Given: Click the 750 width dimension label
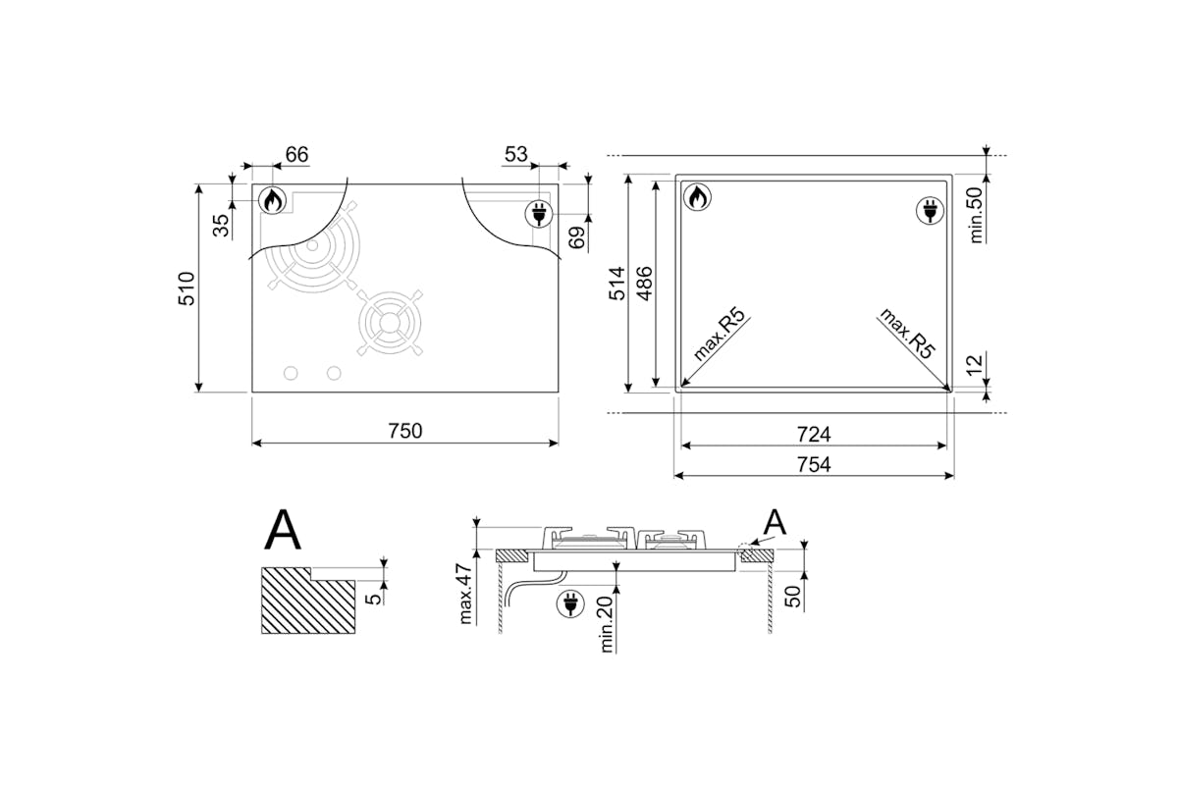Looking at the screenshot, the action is (x=404, y=431).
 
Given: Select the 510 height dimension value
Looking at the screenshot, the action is (x=187, y=288).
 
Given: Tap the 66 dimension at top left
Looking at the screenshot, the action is (x=296, y=155).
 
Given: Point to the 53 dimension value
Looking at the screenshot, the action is (x=516, y=155).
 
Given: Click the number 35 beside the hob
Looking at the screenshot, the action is (x=222, y=226).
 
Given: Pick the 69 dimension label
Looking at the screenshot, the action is (x=577, y=237).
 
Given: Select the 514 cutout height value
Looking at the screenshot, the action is (x=616, y=284).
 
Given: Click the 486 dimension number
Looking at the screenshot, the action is (x=644, y=284).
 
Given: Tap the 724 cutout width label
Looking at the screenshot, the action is (x=814, y=435).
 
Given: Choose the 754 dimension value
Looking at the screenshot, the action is (x=814, y=465).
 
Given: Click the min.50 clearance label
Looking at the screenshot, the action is (x=976, y=215).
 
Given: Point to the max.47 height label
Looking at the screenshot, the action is (x=465, y=594).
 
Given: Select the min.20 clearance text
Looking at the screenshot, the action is (x=607, y=624).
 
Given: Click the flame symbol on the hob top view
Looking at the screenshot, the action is (x=273, y=200).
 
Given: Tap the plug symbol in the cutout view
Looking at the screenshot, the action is (x=930, y=210).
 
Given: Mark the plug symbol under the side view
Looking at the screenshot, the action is (x=570, y=603).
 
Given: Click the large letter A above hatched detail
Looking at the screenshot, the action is (x=283, y=530).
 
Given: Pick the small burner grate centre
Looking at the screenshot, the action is (x=389, y=323).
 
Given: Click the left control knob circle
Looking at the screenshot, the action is (x=291, y=373).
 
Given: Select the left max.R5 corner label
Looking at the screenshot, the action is (x=720, y=335).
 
